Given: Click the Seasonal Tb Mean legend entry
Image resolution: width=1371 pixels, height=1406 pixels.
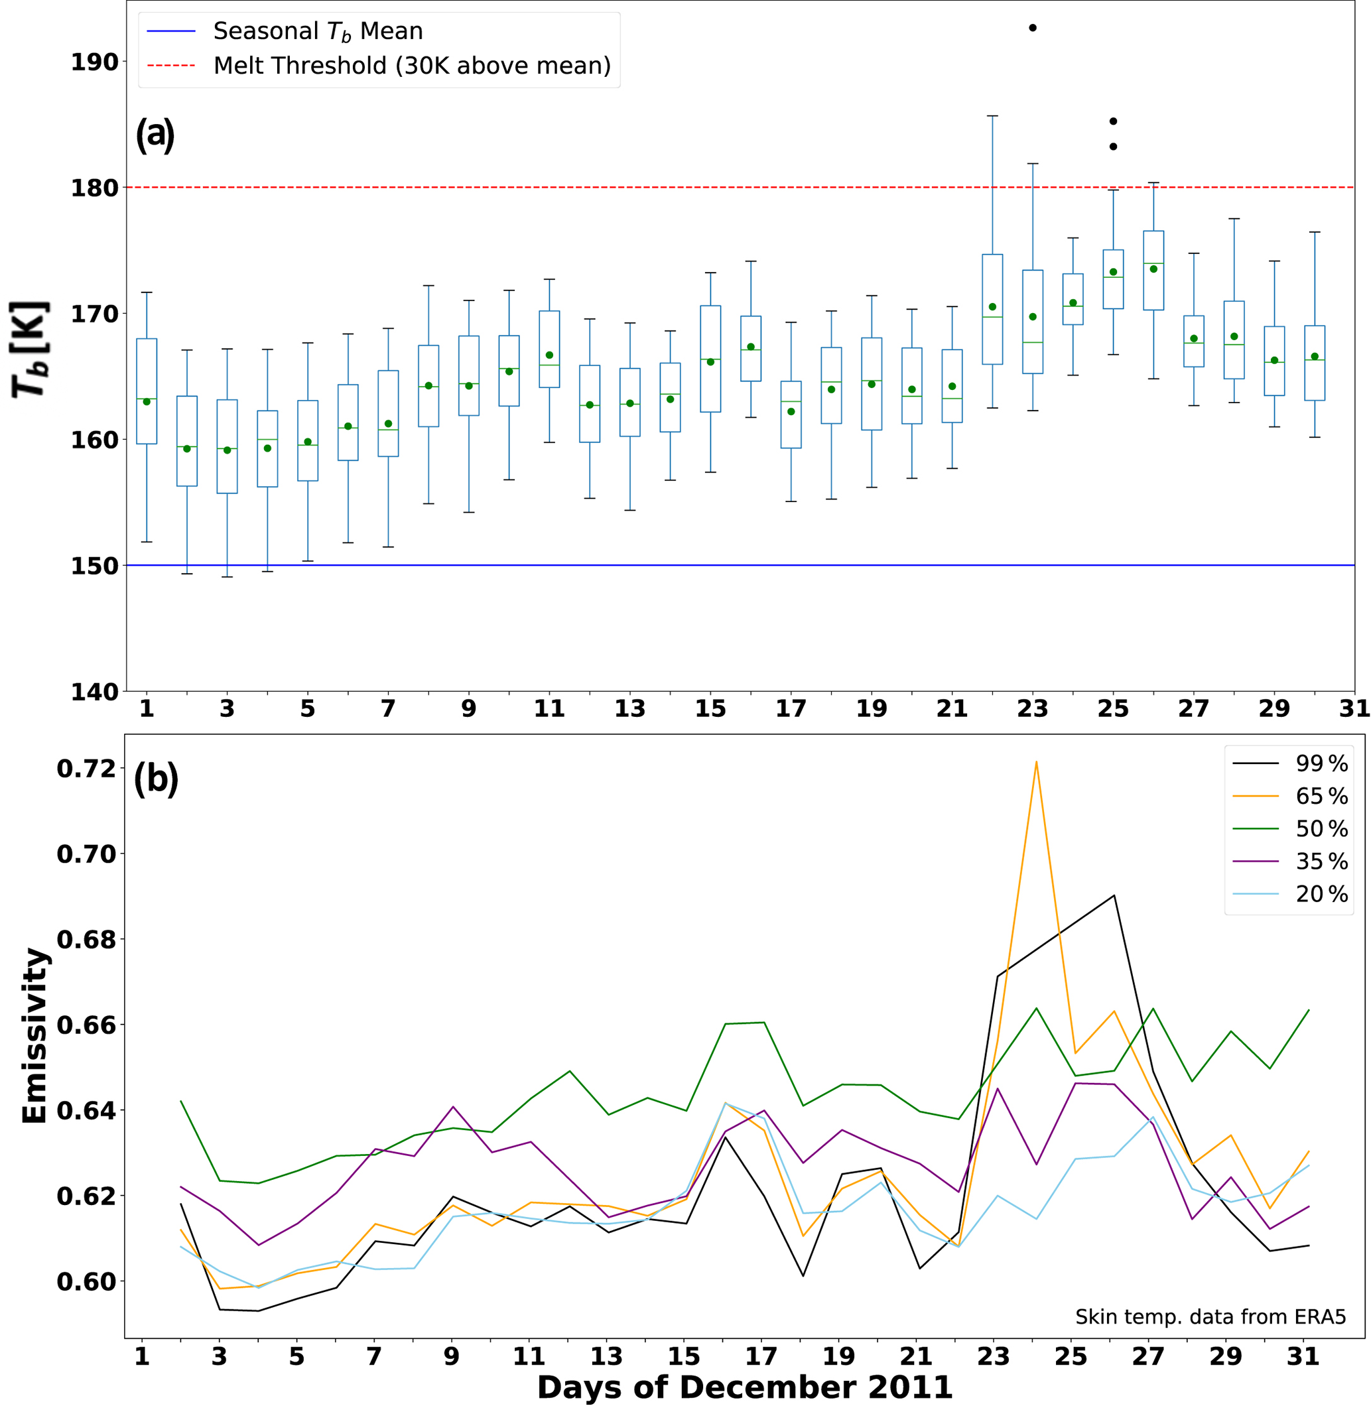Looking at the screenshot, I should [317, 31].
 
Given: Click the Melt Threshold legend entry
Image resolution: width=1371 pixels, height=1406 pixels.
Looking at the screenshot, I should [411, 66].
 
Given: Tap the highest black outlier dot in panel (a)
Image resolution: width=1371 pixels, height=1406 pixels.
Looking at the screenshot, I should [1033, 28].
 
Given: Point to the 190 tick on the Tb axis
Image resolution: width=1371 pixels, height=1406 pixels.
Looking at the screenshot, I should [94, 62].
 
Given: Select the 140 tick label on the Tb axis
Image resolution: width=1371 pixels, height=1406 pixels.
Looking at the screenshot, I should [94, 692].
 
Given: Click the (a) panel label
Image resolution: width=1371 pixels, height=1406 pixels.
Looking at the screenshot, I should [155, 135].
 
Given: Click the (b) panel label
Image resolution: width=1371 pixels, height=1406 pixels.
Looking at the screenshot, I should [155, 778].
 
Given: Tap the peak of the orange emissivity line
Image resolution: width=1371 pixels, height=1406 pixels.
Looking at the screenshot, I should [1036, 761].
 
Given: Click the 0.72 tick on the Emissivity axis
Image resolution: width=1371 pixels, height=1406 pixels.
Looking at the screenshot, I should [86, 769].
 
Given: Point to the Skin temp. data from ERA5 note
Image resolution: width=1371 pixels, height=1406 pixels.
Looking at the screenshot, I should [1210, 1316].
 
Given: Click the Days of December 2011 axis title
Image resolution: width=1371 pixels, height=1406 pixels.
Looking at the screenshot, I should [745, 1387].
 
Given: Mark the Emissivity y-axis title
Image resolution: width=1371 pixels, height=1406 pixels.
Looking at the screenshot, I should [34, 1036].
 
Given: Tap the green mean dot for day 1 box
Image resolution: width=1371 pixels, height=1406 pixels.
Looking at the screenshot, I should [147, 402].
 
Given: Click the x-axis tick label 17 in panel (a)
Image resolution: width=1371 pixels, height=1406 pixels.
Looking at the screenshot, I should [791, 709].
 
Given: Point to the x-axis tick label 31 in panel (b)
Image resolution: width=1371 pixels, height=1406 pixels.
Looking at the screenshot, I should [1303, 1357].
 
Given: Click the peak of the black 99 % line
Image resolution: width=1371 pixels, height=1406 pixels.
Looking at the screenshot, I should [1114, 895].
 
